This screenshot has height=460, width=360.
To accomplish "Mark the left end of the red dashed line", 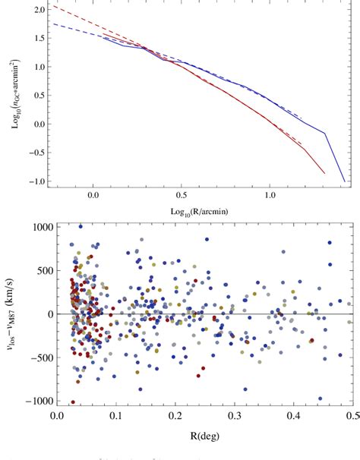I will coord(51,6).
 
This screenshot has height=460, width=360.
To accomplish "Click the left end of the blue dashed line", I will coord(51,24).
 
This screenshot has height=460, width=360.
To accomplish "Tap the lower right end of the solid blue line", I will coord(344,181).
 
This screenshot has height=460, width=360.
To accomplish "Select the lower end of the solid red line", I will coord(324,173).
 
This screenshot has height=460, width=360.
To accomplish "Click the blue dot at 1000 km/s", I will coord(81,226).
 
